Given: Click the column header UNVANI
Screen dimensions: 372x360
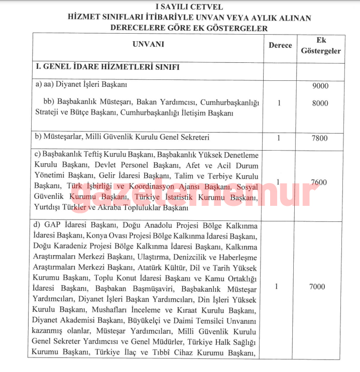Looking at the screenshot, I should coord(149,44).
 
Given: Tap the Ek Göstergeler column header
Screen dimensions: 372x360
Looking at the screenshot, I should coord(320,46).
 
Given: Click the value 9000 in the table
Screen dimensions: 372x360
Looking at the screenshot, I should coord(320,86).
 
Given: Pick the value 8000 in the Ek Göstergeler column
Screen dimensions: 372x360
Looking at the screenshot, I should coord(320,103).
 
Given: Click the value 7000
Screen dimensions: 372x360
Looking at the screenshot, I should coord(317,287).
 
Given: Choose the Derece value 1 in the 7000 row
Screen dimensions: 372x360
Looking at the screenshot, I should coord(277,287).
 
